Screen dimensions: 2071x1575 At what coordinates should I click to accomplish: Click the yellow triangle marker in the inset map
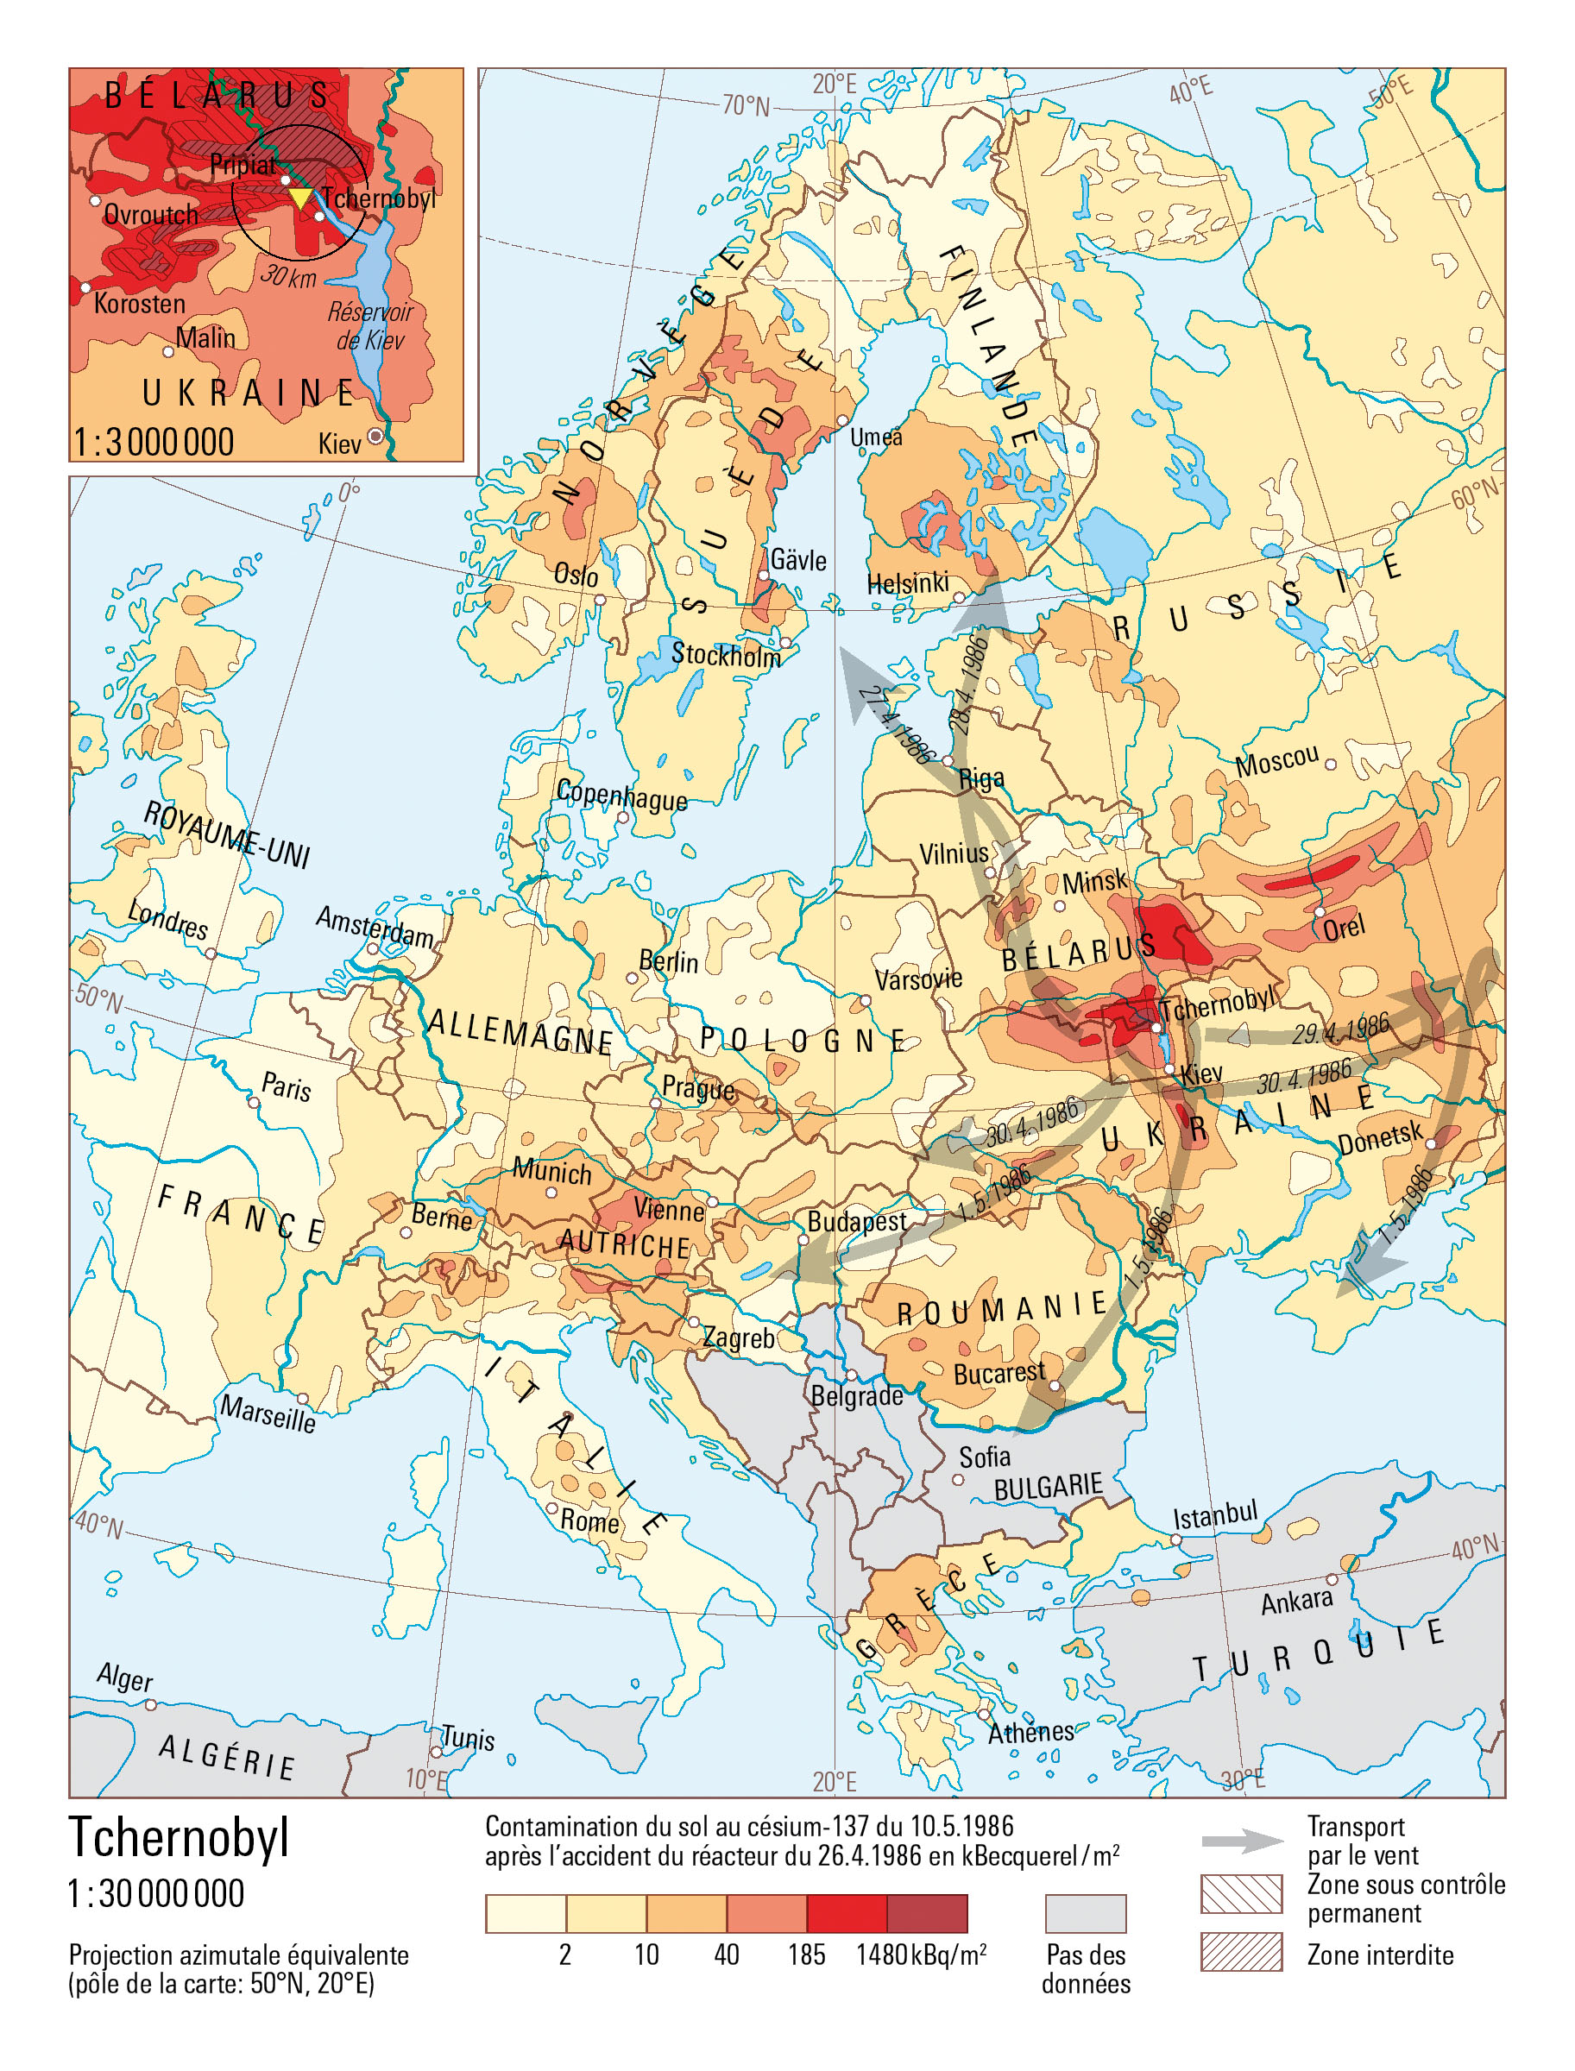[299, 198]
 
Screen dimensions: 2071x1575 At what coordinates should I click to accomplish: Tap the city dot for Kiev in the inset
[375, 436]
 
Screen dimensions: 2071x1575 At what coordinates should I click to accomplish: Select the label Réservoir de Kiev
[370, 325]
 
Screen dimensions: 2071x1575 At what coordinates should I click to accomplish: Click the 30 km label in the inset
[289, 275]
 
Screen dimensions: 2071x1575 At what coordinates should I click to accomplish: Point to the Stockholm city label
[726, 654]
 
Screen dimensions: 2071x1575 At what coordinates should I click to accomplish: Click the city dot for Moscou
[1329, 764]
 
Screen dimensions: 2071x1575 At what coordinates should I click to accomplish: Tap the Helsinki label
[908, 583]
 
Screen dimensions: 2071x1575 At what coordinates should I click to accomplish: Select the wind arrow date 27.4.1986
[898, 724]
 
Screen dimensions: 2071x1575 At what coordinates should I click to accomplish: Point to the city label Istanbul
[1215, 1514]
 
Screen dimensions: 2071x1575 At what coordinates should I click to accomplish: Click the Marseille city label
[268, 1412]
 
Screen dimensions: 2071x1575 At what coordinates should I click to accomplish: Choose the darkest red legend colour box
[926, 1912]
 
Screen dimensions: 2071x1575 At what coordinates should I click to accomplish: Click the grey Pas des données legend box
[1085, 1912]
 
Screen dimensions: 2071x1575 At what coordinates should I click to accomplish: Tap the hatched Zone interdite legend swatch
[1240, 1951]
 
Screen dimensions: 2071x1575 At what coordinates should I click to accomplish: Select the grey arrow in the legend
[1242, 1841]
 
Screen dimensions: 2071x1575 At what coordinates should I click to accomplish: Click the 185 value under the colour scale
[806, 1955]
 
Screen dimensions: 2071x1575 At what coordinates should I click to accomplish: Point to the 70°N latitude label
[747, 106]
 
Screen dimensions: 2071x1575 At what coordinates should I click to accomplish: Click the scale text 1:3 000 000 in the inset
[154, 442]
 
